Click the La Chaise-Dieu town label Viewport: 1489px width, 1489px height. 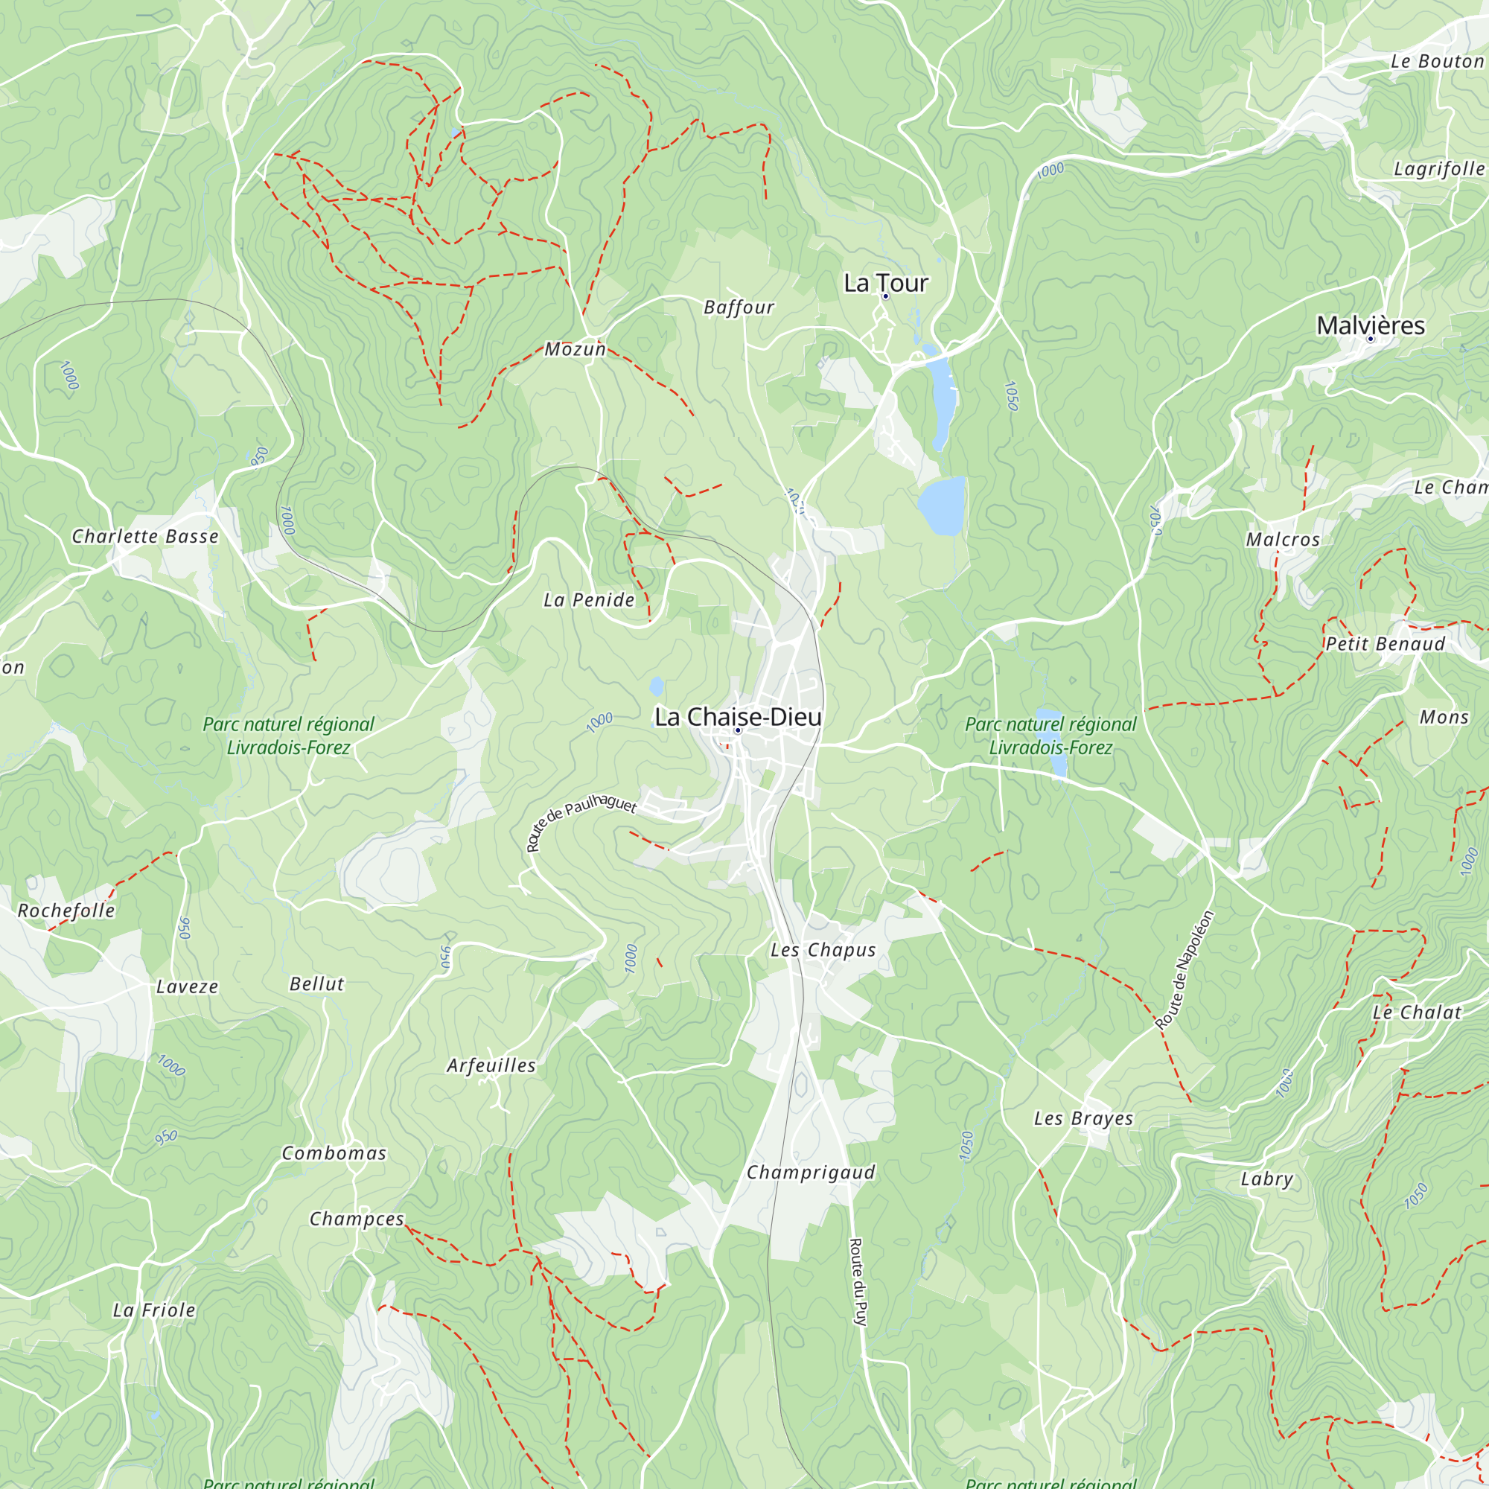click(738, 717)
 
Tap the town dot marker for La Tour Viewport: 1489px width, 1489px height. click(885, 297)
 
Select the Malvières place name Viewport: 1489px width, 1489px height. click(1371, 325)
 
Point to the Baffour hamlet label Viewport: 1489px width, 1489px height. click(739, 307)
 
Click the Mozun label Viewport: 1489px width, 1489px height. click(575, 349)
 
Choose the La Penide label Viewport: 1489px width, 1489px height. click(589, 599)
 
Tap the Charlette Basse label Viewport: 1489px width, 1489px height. click(145, 536)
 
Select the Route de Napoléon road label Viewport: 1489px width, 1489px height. click(1184, 969)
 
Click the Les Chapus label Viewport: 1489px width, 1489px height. click(823, 950)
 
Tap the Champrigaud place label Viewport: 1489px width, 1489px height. click(811, 1173)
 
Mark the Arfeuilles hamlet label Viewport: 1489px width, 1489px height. click(491, 1066)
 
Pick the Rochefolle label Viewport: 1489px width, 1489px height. click(66, 911)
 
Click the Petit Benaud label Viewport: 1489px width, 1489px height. click(1385, 643)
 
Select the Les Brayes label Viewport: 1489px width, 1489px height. click(1083, 1118)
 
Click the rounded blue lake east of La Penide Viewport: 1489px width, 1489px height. click(942, 506)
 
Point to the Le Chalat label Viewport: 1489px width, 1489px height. click(1417, 1013)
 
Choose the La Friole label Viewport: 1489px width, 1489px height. click(154, 1310)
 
